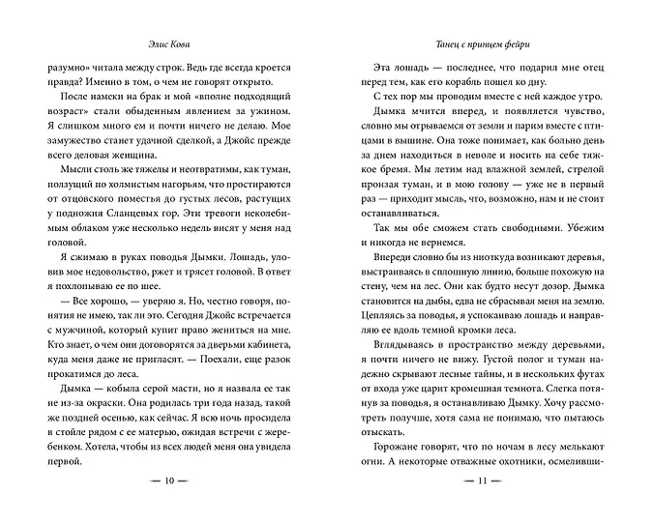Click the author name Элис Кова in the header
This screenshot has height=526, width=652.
pos(163,44)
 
